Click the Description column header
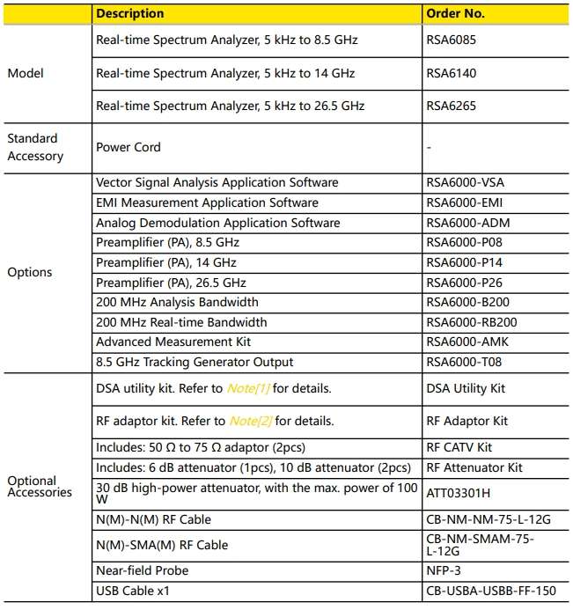coord(129,13)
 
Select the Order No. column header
coord(455,13)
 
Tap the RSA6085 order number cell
coord(450,40)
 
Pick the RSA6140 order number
coord(450,73)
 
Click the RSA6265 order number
coord(450,106)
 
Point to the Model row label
coord(26,73)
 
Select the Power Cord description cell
coord(128,147)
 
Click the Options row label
coord(30,272)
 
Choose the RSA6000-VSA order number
coord(465,183)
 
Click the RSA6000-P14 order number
coord(464,262)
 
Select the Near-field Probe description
coord(142,570)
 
